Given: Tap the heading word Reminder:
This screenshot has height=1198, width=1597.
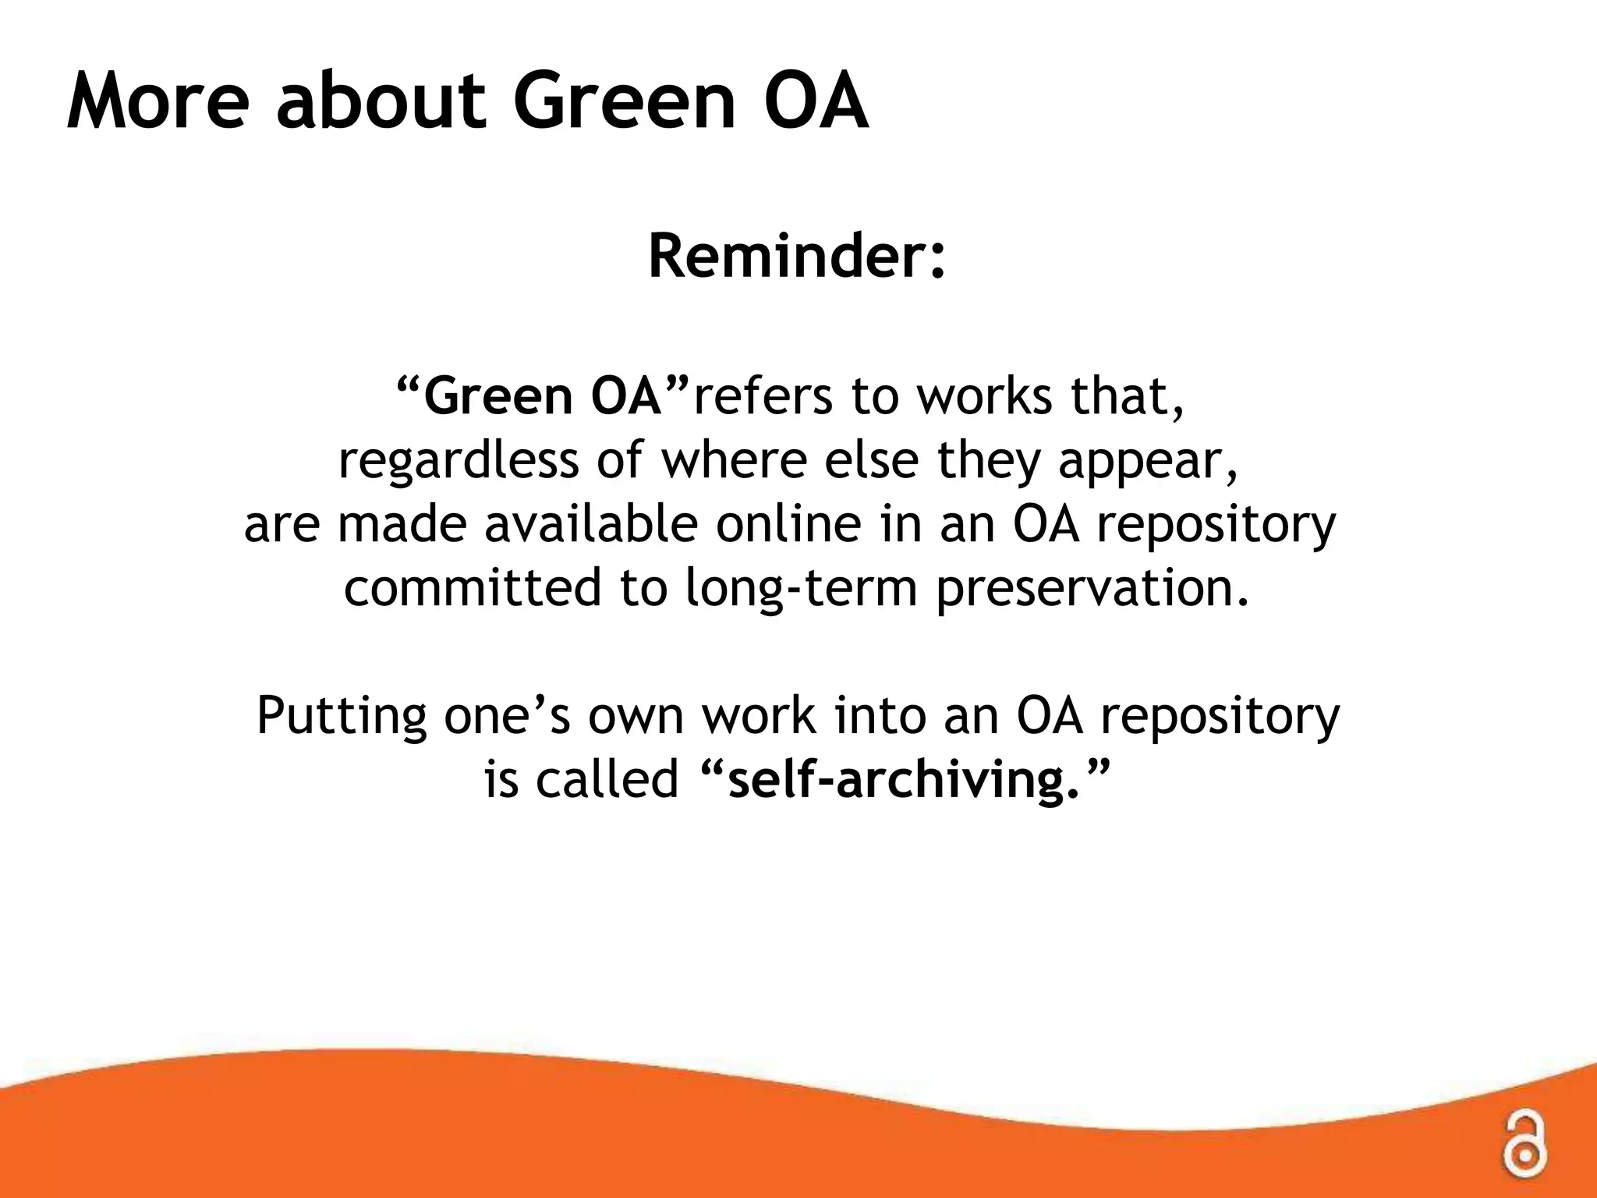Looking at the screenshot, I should (x=797, y=257).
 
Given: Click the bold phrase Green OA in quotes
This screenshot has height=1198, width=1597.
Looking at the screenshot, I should (x=543, y=396).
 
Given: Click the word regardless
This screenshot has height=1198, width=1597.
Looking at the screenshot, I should (x=459, y=460).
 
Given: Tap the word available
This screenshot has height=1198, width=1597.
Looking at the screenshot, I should (x=591, y=524).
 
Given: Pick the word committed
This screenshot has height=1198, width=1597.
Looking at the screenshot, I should (x=473, y=587).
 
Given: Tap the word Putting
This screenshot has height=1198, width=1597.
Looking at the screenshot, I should (x=342, y=716).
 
